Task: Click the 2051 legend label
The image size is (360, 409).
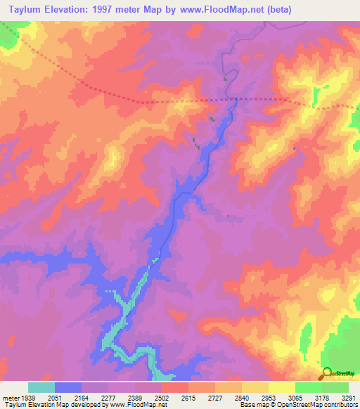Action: coord(67,398)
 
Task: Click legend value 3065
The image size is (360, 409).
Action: coord(308,398)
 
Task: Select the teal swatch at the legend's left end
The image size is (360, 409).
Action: coord(41,387)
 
